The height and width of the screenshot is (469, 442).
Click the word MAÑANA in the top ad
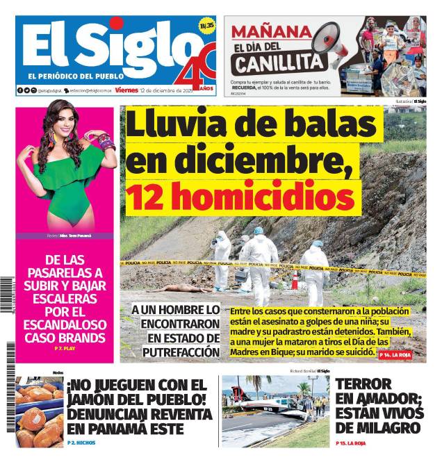coord(271,31)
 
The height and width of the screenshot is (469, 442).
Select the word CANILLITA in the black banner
coord(279,64)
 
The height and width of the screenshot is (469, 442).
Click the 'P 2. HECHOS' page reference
coord(81,443)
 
